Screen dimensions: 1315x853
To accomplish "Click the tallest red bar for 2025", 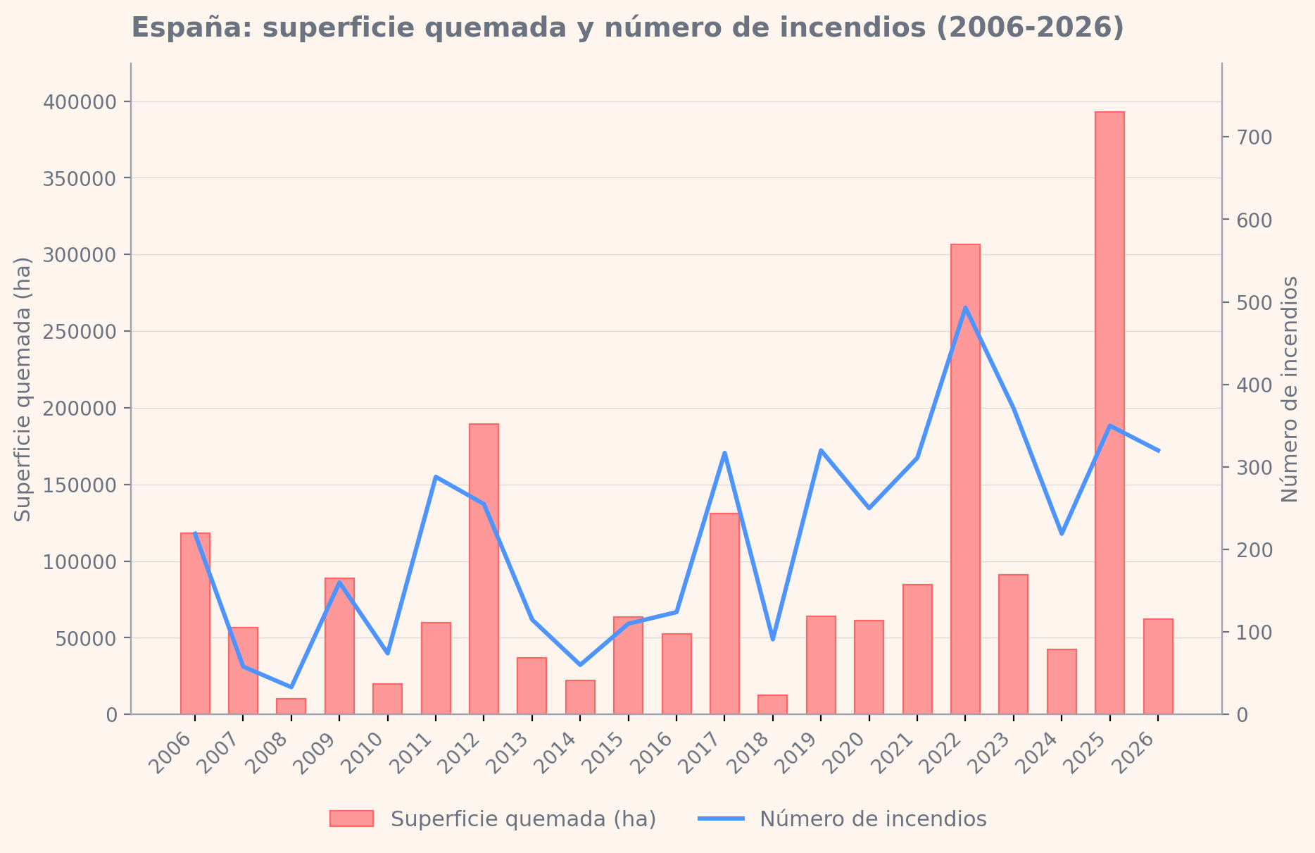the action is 1109,413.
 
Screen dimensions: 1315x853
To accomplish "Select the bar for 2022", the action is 965,479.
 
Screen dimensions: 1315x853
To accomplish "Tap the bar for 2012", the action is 484,569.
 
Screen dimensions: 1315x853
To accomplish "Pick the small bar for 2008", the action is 291,706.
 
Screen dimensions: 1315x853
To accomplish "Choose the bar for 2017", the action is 724,614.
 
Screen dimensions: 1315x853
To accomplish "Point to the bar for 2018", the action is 772,704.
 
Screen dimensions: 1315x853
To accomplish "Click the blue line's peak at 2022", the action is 965,307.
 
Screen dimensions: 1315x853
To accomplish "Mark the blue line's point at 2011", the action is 436,477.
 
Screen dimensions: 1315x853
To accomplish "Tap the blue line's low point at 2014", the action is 580,665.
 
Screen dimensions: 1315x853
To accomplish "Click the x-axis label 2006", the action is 172,753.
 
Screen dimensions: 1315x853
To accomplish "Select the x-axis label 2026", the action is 1135,753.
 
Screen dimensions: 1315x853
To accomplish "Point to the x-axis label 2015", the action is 605,753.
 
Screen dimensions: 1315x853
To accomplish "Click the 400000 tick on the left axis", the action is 79,102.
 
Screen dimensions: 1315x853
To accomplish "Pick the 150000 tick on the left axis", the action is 79,485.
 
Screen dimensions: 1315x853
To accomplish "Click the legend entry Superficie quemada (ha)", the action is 493,819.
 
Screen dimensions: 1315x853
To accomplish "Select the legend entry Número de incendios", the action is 843,819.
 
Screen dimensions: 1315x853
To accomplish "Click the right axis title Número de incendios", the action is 1290,389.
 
